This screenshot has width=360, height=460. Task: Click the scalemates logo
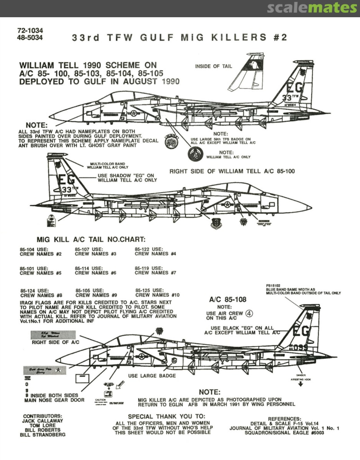[312, 8]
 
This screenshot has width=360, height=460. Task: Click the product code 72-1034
[31, 31]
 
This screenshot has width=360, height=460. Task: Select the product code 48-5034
[31, 37]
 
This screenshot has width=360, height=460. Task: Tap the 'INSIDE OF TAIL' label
[213, 66]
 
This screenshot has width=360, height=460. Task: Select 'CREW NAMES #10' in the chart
[157, 295]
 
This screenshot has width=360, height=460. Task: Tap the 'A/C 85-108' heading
[228, 299]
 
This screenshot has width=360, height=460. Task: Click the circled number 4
[250, 313]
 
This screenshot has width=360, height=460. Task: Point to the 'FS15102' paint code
[272, 286]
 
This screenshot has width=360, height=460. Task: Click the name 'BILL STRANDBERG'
[43, 435]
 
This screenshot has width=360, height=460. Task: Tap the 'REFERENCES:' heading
[284, 419]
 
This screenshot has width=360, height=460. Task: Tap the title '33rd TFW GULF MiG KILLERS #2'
[179, 37]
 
